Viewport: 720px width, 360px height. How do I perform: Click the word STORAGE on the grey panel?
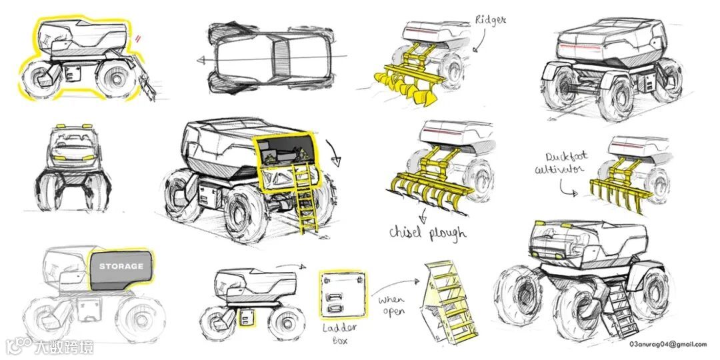tap(121, 266)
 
